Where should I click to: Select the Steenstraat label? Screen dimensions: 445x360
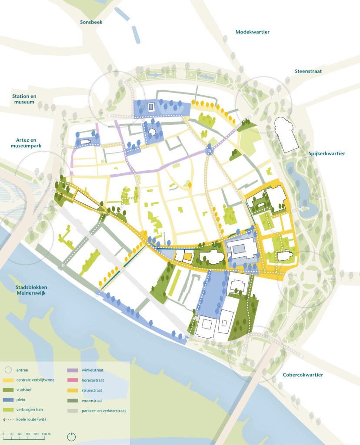click(x=307, y=71)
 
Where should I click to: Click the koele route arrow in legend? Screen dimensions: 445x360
click(x=8, y=419)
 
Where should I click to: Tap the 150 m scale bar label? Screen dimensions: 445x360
click(x=47, y=434)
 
